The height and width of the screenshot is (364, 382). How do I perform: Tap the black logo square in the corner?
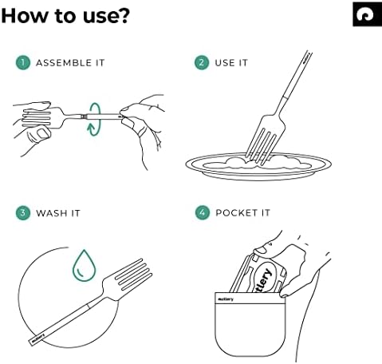pos(366,13)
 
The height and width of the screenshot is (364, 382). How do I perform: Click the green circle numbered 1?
pos(22,62)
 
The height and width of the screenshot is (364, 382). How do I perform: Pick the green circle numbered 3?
pos(22,213)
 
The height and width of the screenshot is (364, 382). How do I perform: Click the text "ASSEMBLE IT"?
pos(70,62)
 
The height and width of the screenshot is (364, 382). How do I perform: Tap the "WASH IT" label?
pos(58,213)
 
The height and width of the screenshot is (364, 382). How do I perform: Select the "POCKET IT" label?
pos(244,213)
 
